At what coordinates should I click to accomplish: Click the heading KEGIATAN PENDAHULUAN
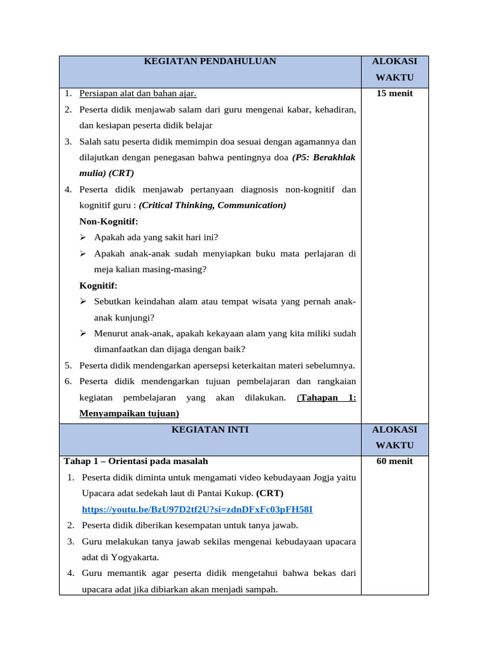pyautogui.click(x=210, y=62)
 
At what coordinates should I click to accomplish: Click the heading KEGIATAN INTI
pyautogui.click(x=210, y=430)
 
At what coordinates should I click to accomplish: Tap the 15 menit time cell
pyautogui.click(x=395, y=93)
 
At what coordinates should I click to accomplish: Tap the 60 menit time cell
pyautogui.click(x=395, y=462)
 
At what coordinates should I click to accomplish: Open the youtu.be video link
pyautogui.click(x=197, y=510)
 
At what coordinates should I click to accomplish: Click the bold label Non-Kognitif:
pyautogui.click(x=109, y=222)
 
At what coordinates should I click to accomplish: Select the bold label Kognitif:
pyautogui.click(x=98, y=286)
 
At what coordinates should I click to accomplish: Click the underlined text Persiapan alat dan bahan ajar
pyautogui.click(x=138, y=93)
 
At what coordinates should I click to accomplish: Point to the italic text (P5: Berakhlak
pyautogui.click(x=324, y=158)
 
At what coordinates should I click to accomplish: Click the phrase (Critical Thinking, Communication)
pyautogui.click(x=212, y=205)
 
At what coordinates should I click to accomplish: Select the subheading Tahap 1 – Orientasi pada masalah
pyautogui.click(x=135, y=462)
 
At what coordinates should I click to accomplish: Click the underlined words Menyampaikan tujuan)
pyautogui.click(x=129, y=413)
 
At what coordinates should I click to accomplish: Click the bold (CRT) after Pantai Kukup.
pyautogui.click(x=270, y=493)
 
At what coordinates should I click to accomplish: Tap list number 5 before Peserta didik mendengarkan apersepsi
pyautogui.click(x=68, y=366)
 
